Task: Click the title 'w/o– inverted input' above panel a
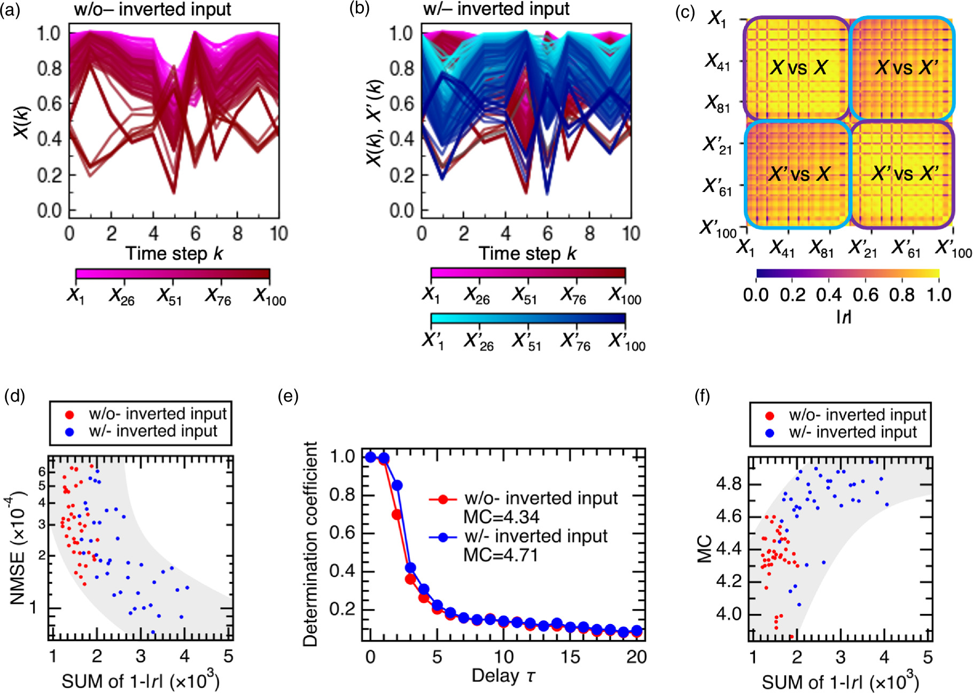click(152, 10)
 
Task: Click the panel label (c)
click(684, 12)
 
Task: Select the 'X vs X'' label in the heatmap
click(906, 67)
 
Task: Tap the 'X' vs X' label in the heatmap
click(799, 174)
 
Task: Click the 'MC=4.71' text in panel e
click(500, 555)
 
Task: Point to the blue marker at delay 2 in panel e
click(397, 486)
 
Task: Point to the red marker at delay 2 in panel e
click(396, 515)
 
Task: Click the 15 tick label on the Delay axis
click(570, 657)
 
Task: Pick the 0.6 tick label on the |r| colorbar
click(866, 295)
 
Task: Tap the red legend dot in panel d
click(69, 414)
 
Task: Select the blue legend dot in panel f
click(769, 433)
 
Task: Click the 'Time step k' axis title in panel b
click(527, 253)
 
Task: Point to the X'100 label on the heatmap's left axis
click(718, 228)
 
